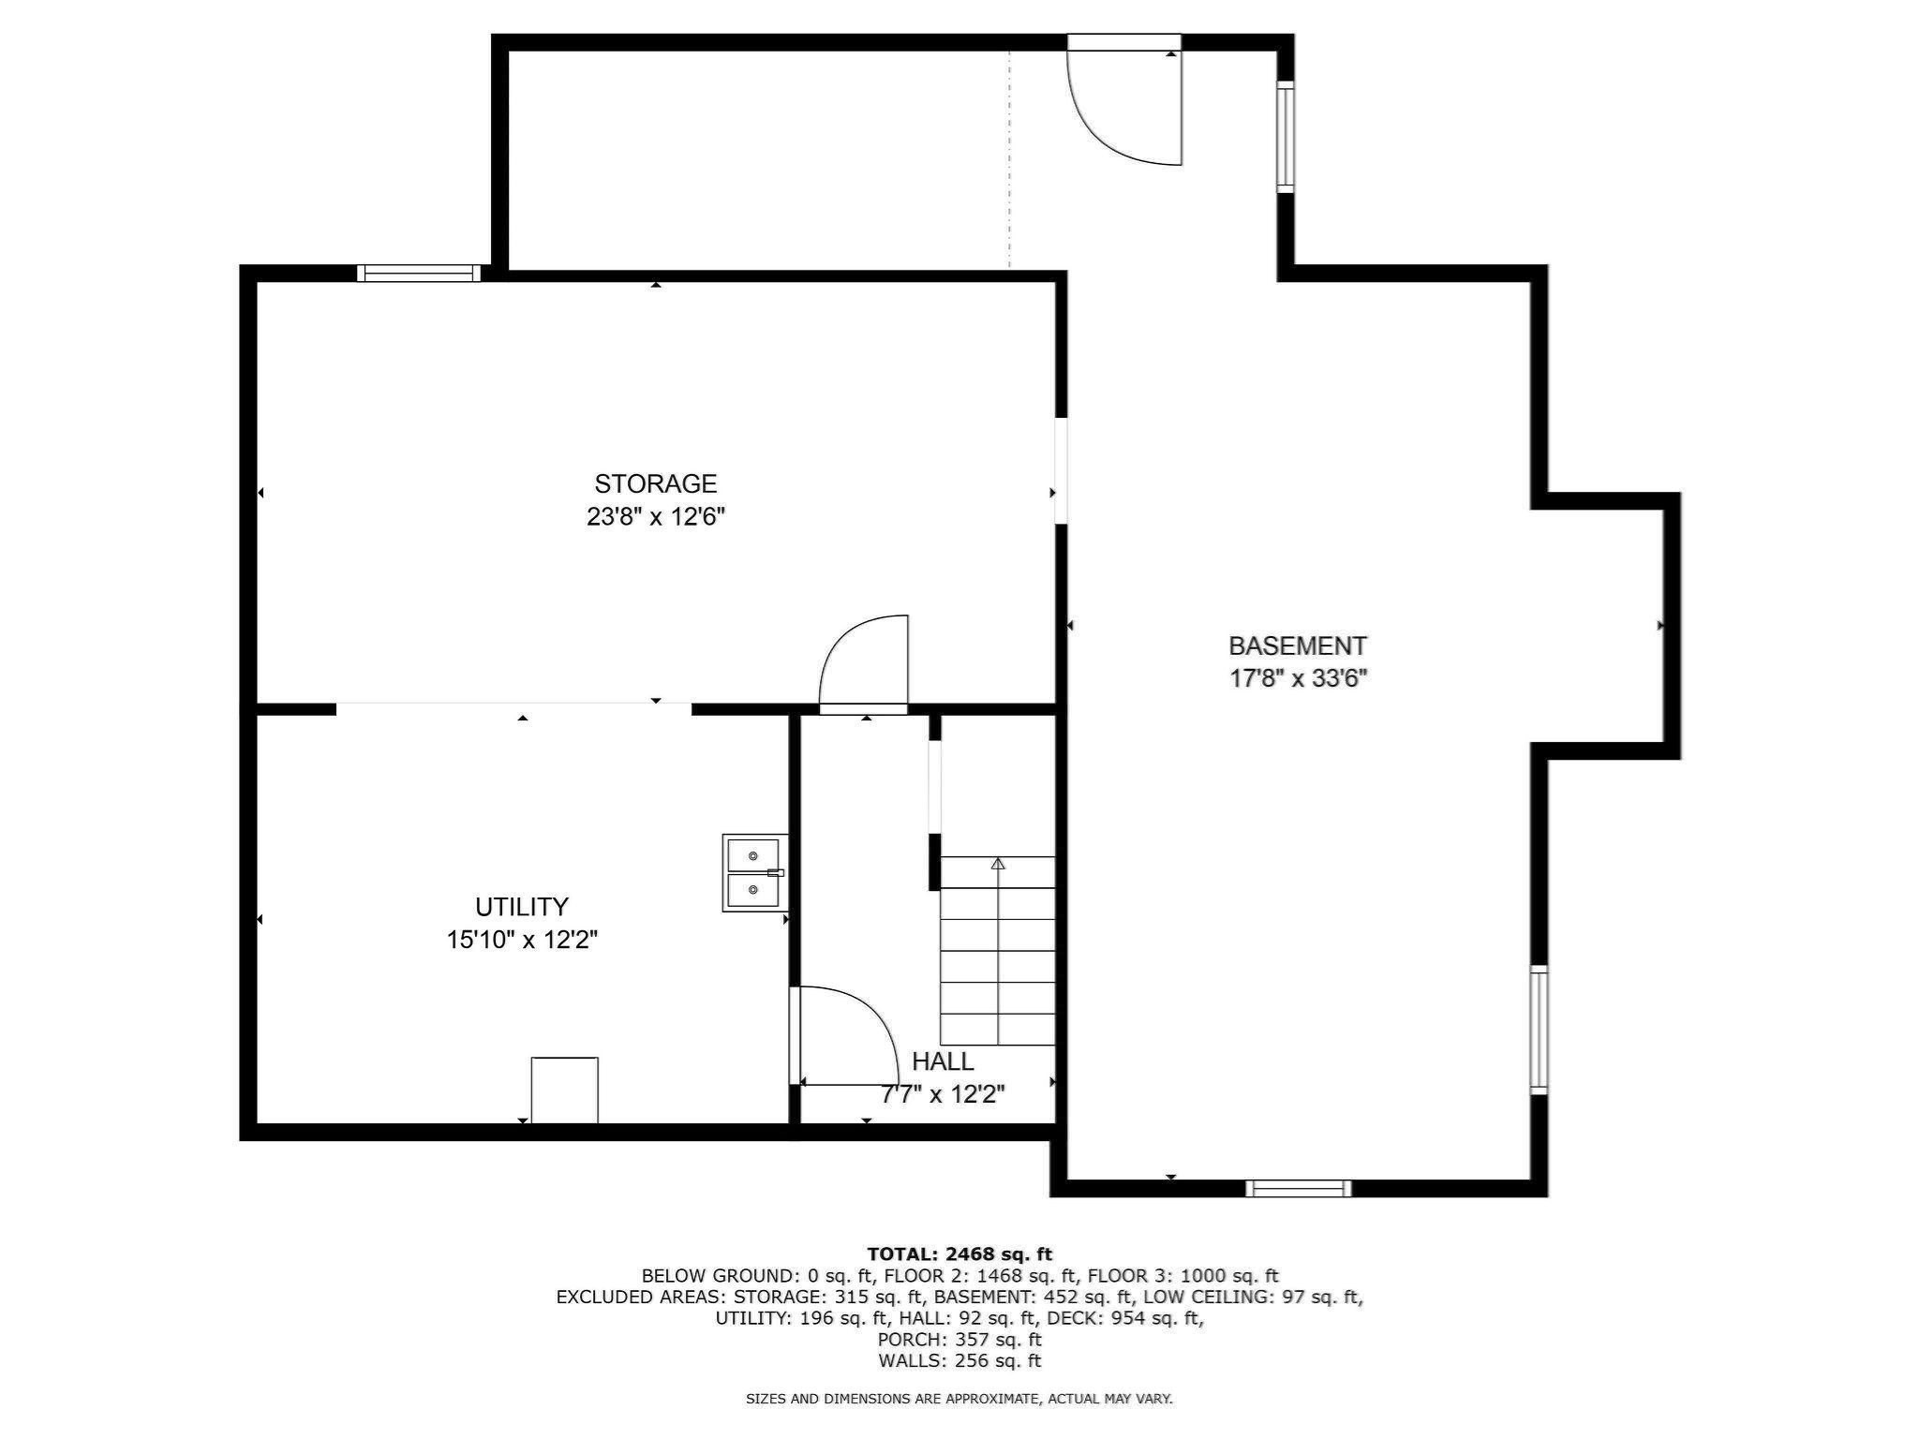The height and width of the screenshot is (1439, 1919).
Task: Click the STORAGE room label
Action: tap(655, 483)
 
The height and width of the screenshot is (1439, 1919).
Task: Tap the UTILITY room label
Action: tap(522, 907)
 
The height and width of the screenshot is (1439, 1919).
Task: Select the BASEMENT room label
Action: tap(1298, 645)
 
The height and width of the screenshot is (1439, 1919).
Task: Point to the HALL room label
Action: tap(943, 1061)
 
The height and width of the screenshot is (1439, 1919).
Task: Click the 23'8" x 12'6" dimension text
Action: tap(656, 517)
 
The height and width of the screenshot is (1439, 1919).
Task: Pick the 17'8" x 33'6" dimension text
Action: tap(1299, 678)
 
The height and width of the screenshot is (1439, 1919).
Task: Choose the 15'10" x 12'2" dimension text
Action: tap(522, 940)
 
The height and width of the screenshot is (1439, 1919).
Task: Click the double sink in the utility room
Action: tap(753, 872)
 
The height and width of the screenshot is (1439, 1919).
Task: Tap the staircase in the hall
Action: tap(998, 951)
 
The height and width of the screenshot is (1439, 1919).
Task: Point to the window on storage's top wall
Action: tap(419, 273)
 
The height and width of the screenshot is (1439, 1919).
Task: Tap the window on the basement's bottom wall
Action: tap(1299, 1189)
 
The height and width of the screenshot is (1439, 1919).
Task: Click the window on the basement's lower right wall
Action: tap(1539, 1030)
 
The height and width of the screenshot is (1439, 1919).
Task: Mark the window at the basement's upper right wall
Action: tap(1286, 137)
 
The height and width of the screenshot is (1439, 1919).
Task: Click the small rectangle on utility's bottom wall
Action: tap(564, 1090)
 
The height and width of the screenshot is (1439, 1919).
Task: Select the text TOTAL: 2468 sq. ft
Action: tap(959, 1254)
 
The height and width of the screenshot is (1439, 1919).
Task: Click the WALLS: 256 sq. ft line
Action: tap(959, 1361)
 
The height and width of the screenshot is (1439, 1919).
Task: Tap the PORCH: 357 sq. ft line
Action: tap(959, 1340)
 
